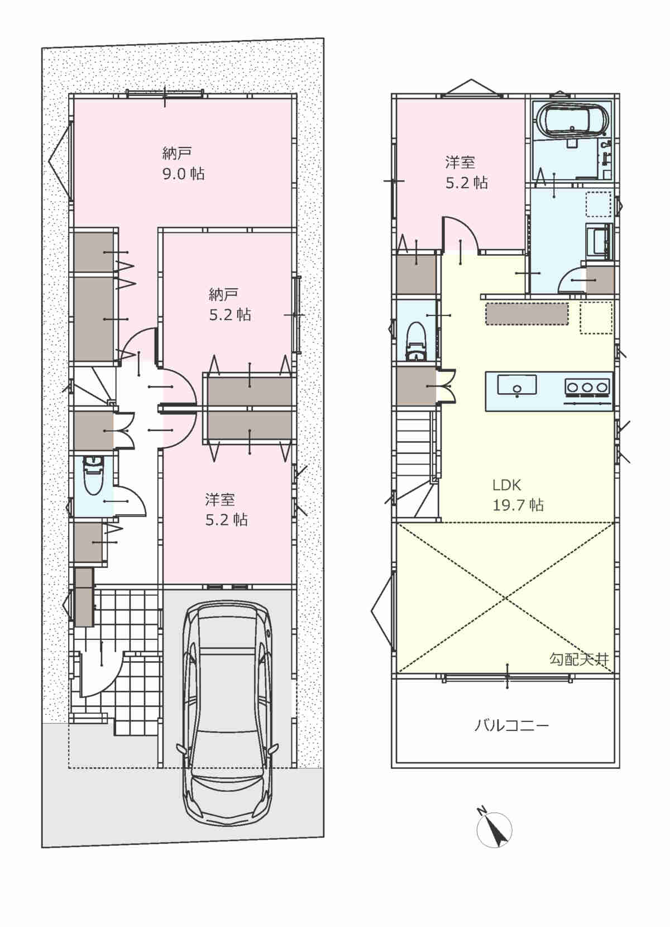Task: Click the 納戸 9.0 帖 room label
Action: coord(183,164)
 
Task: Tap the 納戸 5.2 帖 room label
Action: coord(229,304)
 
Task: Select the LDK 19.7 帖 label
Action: coord(518,495)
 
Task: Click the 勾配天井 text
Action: coord(579,659)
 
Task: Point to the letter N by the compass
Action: coord(481,810)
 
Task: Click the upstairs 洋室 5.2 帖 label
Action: coord(466,172)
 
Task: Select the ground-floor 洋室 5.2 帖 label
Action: coord(226,509)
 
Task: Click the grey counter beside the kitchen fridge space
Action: coord(527,314)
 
